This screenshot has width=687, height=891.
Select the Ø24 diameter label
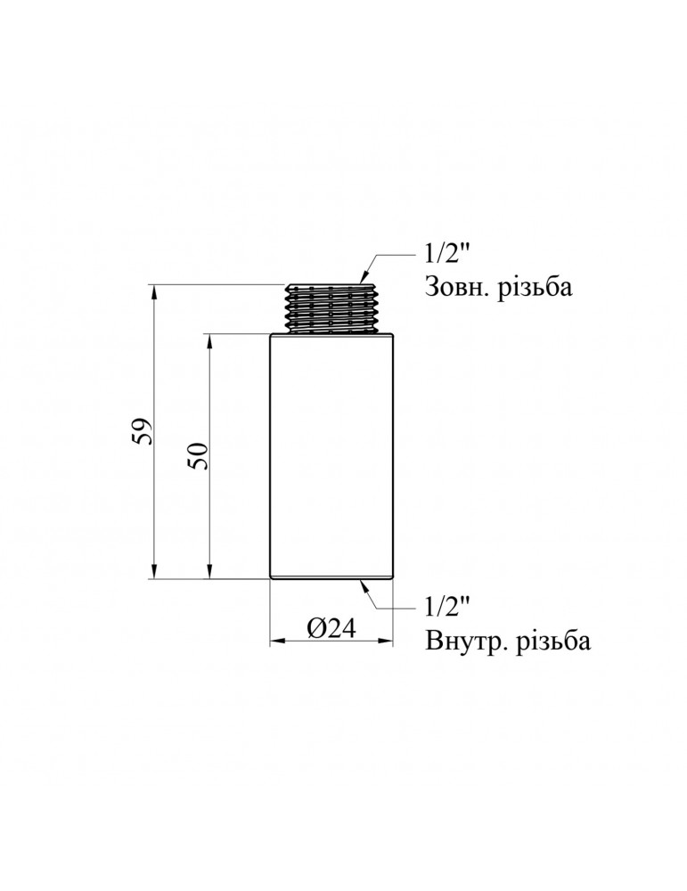331,628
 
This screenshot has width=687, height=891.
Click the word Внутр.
464,642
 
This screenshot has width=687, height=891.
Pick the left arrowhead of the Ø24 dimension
276,640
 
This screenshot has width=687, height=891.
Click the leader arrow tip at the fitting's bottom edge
363,583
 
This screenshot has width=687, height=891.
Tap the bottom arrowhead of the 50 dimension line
209,573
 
